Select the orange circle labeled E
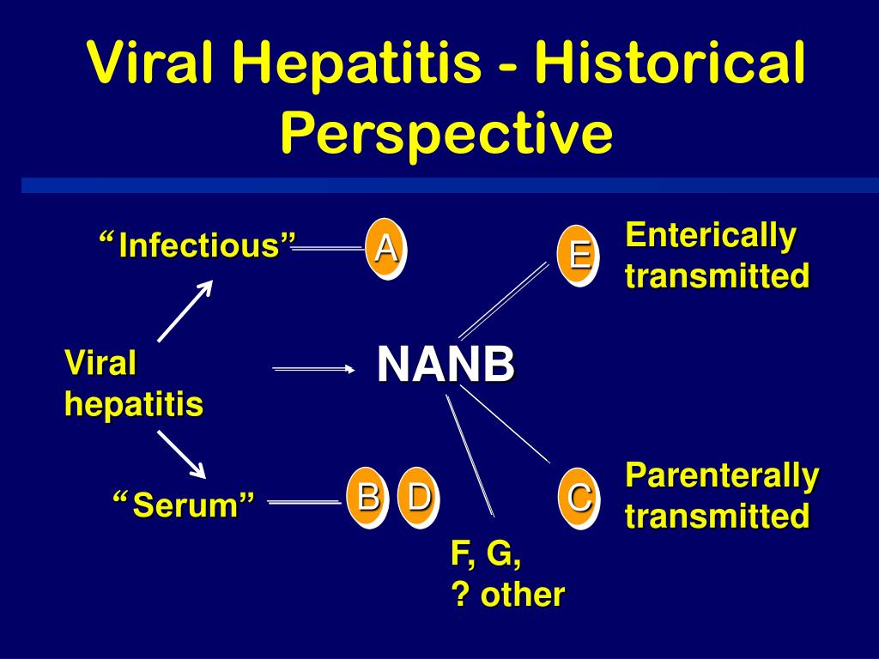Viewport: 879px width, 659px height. coord(578,256)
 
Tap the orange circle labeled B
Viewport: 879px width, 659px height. coord(367,498)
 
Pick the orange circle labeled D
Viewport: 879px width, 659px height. coord(418,498)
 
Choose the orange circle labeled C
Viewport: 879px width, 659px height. coord(578,498)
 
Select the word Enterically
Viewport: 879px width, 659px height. coord(711,235)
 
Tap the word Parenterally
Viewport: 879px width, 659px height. coord(722,475)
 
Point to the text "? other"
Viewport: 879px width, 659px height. coord(507,594)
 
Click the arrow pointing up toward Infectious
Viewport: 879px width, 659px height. coord(185,311)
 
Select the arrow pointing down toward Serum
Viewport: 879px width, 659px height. coord(182,455)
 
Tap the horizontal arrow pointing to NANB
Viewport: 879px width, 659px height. coord(312,369)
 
